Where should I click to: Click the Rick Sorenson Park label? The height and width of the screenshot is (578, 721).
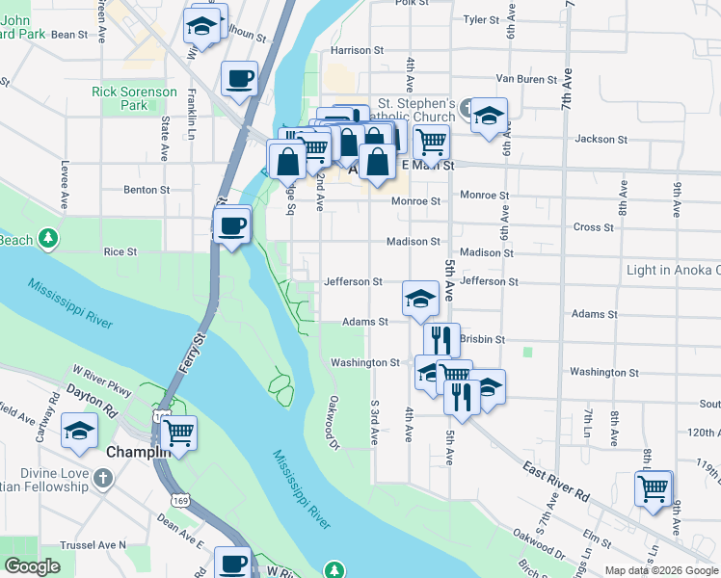(x=134, y=98)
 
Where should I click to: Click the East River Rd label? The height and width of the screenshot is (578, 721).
(x=556, y=482)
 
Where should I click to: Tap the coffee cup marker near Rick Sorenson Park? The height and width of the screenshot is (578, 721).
(x=239, y=79)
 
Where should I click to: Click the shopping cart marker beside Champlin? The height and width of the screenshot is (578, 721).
(x=179, y=432)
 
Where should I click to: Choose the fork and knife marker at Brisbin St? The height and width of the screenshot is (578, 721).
(x=441, y=339)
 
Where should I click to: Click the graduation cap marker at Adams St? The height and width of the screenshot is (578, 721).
(x=420, y=299)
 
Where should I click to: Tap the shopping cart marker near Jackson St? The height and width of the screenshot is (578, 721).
(x=431, y=142)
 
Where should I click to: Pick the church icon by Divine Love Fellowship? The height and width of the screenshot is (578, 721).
(x=103, y=478)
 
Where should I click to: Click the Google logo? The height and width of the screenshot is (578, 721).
(x=32, y=566)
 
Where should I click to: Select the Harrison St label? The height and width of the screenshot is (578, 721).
(x=357, y=50)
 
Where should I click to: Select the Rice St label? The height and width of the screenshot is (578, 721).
(x=120, y=251)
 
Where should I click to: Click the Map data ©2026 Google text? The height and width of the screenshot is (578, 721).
(x=661, y=570)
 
